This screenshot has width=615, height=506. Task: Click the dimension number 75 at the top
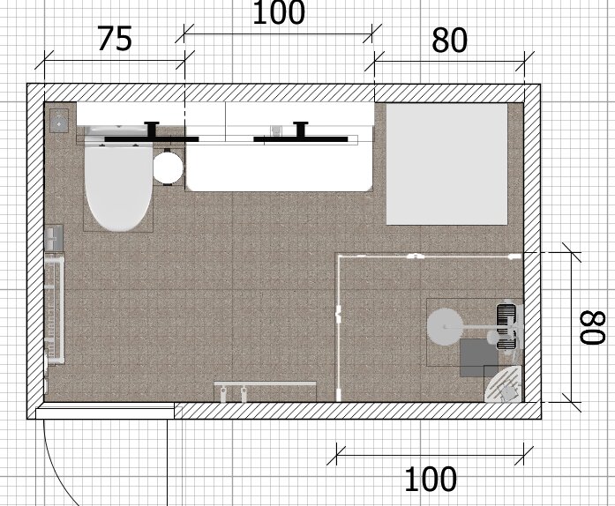pos(114,39)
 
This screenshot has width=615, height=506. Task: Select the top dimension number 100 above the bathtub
pos(279,13)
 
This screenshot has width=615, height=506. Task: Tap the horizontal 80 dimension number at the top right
pos(450,41)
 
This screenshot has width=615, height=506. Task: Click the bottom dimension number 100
pos(431,480)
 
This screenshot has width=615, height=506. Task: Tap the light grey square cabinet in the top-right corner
pos(447,164)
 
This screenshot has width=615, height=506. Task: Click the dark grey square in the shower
pos(480,357)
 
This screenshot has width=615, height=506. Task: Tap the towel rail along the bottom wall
pos(266,385)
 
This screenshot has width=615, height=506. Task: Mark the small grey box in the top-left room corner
pos(59,120)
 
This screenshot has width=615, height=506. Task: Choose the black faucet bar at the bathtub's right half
pos(300,138)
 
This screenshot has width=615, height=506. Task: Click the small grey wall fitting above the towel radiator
pos(55,236)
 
